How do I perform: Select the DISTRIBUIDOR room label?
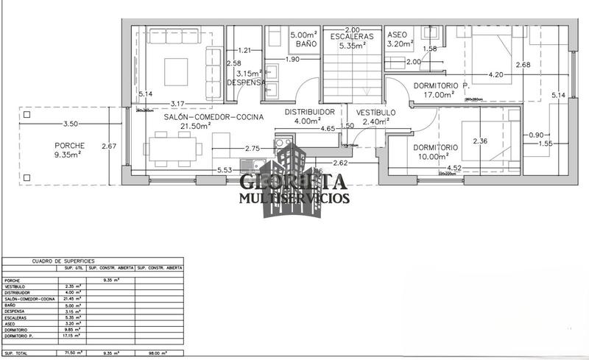(x=310, y=112)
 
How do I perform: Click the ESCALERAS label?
(x=351, y=36)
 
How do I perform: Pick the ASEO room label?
(x=397, y=35)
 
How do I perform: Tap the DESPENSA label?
(x=246, y=82)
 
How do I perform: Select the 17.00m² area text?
(x=439, y=94)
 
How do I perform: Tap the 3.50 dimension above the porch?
(x=71, y=124)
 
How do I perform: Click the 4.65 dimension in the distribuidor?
(x=328, y=129)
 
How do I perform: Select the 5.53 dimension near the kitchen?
(x=225, y=170)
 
